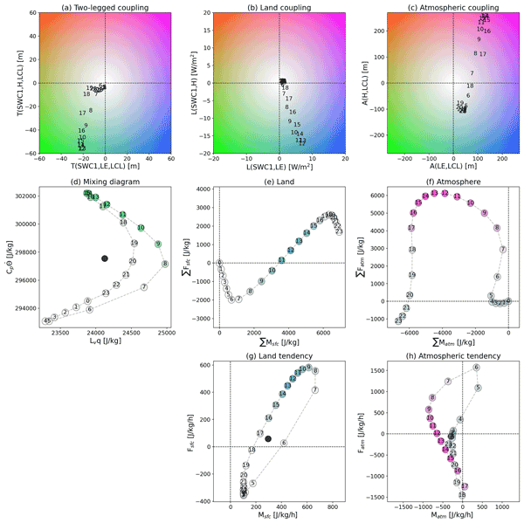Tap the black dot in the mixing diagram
105,258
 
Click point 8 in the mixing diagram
164,264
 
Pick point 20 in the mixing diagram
133,261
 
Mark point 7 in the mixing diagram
144,286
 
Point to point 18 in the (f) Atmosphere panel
411,250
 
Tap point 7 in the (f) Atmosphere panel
503,250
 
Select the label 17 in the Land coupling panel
288,99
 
